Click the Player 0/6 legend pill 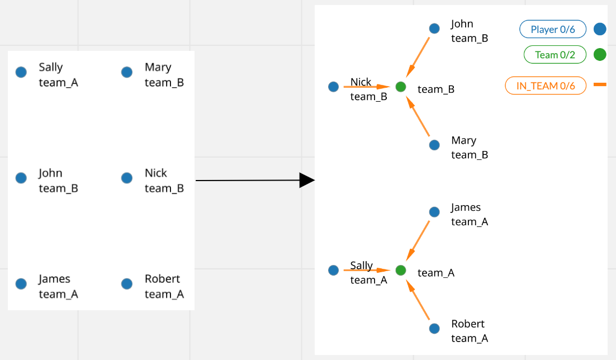coord(552,29)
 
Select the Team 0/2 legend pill coord(554,55)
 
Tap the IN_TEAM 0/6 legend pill coord(545,86)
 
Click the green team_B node coord(400,87)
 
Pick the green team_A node coord(400,271)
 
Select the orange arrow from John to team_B coord(418,57)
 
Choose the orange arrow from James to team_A coord(418,240)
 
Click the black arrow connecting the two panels coord(252,181)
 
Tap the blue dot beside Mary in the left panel coord(127,72)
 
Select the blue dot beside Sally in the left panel coord(21,72)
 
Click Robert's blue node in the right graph coord(434,329)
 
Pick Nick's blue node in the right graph coord(334,87)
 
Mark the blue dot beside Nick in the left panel coord(127,178)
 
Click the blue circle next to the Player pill coord(600,29)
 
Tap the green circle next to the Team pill coord(600,55)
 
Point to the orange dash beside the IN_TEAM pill coord(600,84)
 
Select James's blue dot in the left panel coord(21,284)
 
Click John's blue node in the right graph coord(434,28)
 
